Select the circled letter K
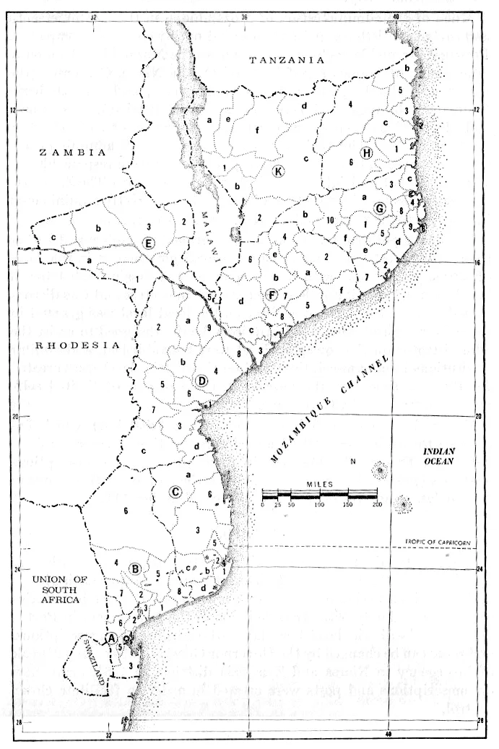278,170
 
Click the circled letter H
366,153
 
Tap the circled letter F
272,295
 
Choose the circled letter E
149,243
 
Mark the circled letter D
203,381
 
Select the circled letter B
134,568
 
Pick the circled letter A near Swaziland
111,638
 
